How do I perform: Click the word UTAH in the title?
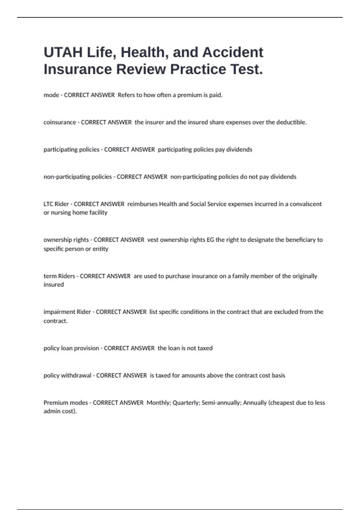[63, 52]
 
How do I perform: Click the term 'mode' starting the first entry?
[51, 95]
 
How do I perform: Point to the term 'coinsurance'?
[60, 122]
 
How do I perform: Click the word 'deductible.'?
[291, 122]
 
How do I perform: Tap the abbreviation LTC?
[49, 204]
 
